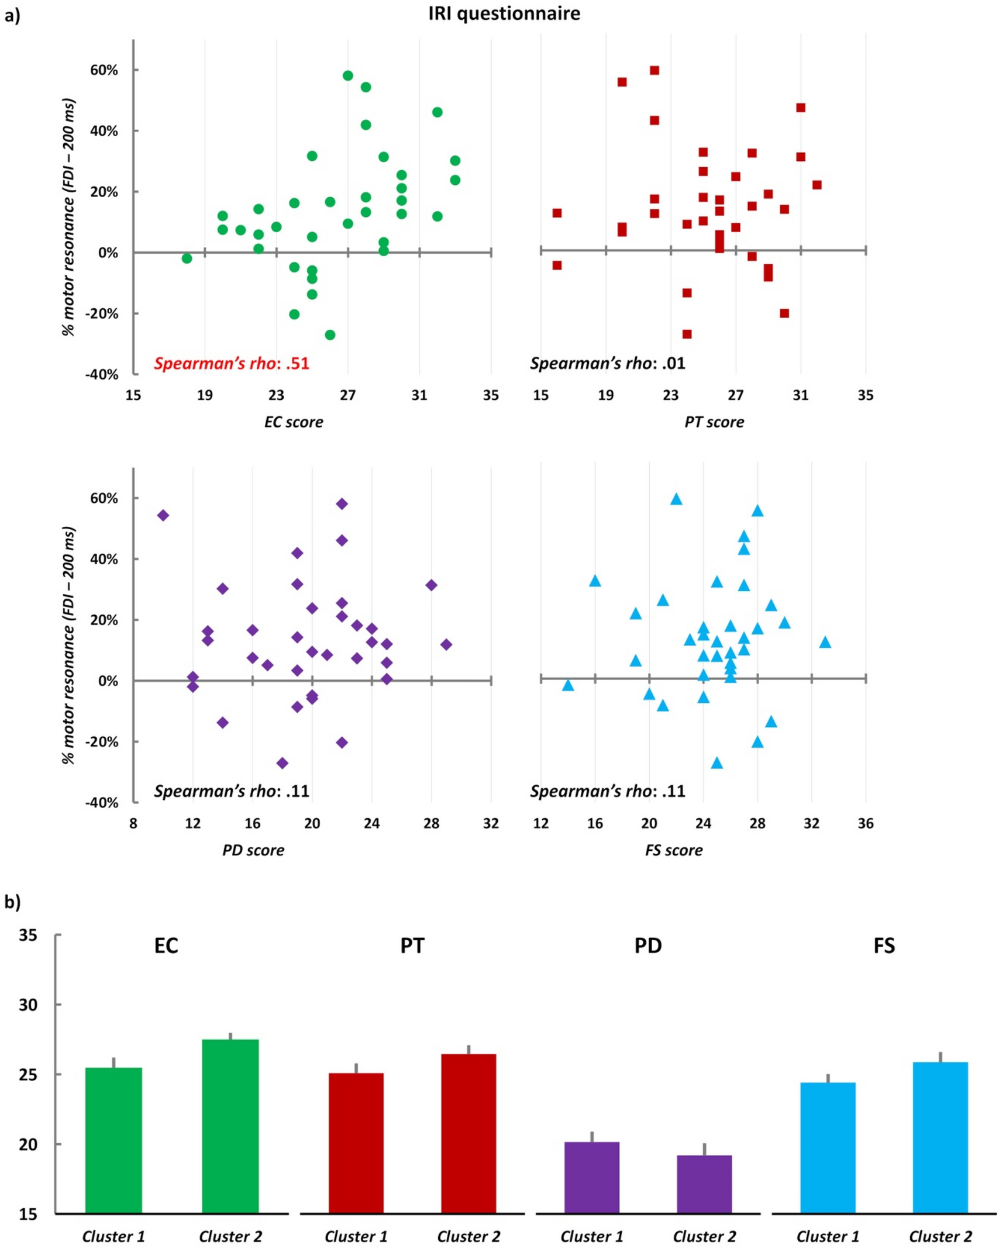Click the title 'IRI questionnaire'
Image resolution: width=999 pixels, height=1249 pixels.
coord(504,13)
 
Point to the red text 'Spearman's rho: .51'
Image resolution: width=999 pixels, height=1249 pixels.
coord(232,363)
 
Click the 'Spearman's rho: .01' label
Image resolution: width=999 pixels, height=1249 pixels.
coord(607,363)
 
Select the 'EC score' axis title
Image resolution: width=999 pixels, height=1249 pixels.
coord(293,422)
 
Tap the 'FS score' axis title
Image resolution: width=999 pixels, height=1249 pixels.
coord(673,850)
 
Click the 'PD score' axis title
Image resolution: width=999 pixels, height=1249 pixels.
coord(253,850)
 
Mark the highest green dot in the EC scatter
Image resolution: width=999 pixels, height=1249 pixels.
coord(347,75)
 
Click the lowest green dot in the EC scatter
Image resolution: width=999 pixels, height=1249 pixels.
coord(330,334)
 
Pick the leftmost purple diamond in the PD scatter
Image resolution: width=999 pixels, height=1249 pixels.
coord(163,515)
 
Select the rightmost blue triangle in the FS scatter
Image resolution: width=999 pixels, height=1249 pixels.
coord(825,642)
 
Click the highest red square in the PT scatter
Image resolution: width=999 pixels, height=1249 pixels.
coord(654,70)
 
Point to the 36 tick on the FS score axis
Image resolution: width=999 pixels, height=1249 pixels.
coord(865,823)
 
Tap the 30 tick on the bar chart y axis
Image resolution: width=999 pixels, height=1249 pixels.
coord(28,1005)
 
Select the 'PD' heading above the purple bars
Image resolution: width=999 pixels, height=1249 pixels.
coord(647,946)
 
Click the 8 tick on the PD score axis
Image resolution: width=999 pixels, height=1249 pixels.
coord(133,823)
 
